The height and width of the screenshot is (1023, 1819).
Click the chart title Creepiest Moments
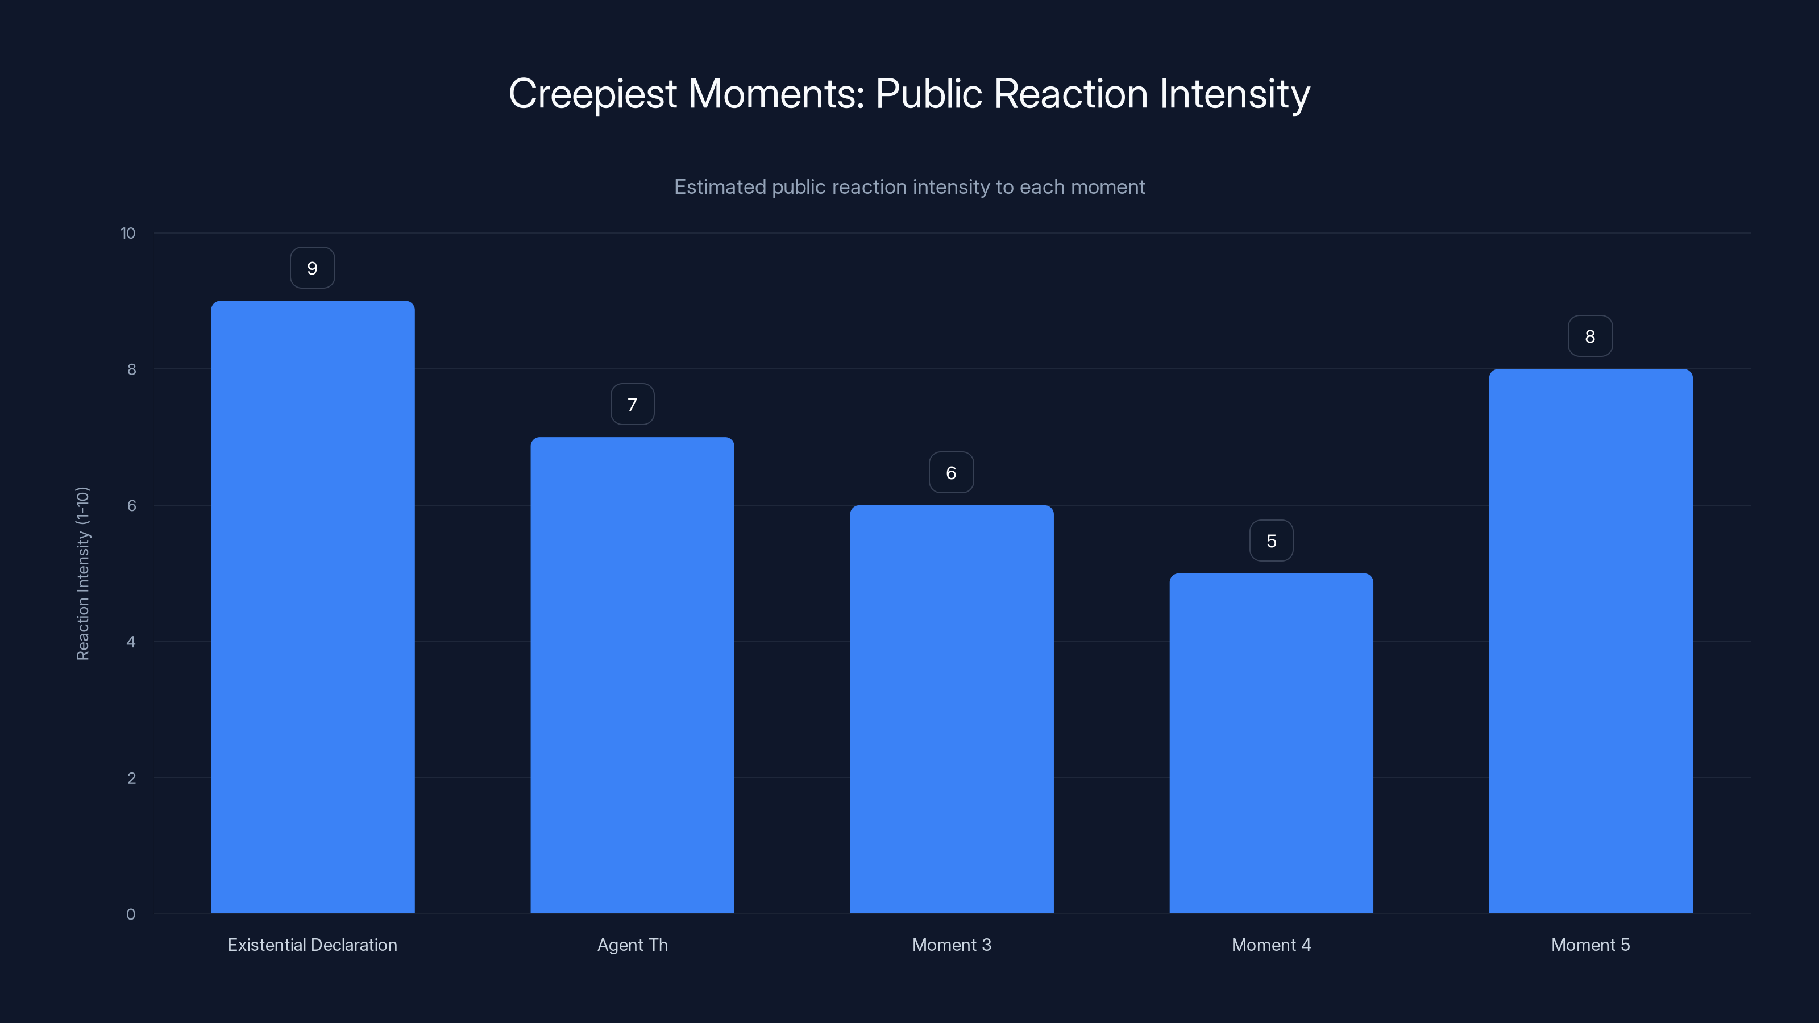coord(909,93)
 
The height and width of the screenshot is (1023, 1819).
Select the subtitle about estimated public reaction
coord(909,187)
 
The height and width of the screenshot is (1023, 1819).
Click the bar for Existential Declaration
coord(313,607)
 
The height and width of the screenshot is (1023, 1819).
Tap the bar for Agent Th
coord(632,675)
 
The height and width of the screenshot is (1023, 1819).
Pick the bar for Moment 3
coord(951,709)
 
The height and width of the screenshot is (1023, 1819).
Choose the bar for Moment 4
coord(1271,743)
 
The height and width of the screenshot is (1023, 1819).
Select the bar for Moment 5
coord(1590,641)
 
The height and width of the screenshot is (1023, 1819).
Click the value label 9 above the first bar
coord(312,268)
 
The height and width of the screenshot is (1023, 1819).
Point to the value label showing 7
coord(632,405)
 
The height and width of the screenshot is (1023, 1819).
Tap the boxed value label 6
coord(951,472)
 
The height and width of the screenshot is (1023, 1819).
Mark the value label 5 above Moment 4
coord(1271,541)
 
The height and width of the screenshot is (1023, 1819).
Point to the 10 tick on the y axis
coord(128,234)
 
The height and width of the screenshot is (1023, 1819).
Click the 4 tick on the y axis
coord(131,642)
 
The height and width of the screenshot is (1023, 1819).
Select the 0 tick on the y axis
coord(131,915)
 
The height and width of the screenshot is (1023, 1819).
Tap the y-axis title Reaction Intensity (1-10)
coord(82,573)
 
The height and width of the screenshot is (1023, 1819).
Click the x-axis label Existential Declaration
coord(312,945)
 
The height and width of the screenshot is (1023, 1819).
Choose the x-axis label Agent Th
coord(632,945)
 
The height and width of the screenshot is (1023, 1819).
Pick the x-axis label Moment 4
coord(1271,945)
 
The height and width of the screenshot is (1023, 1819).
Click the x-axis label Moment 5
coord(1590,945)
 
